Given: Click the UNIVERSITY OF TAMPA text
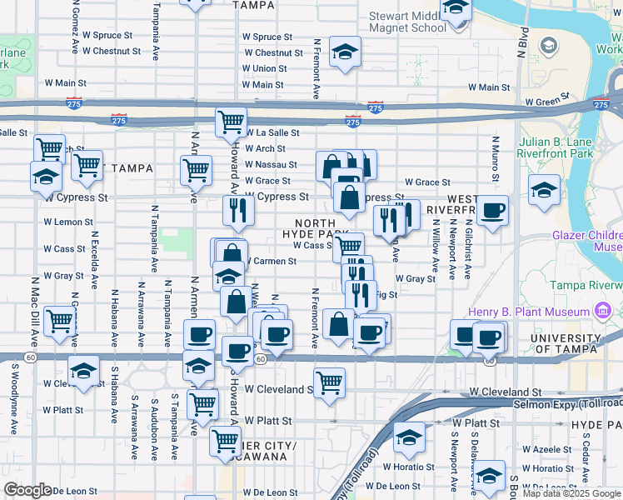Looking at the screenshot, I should pos(576,343).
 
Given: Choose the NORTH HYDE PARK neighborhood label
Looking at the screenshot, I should pos(315,230).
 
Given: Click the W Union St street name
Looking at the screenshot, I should pos(265,68).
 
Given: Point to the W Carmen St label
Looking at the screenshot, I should pos(270,262).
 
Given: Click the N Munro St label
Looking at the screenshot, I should pos(495,160).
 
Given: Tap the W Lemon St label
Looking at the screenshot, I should pos(68,222).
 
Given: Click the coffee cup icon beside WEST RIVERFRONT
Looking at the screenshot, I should pos(493,210).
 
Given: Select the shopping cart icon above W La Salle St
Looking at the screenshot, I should pos(231,121).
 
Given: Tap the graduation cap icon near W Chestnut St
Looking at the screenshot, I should pos(345,52).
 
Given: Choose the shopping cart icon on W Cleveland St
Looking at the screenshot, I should pos(330,382).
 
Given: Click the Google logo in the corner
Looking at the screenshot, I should pos(27,491).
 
